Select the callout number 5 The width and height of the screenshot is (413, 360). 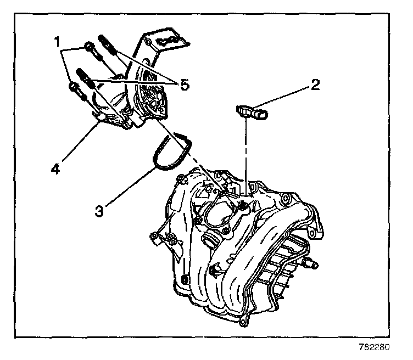click(185, 85)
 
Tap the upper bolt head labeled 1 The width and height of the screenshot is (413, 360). click(89, 47)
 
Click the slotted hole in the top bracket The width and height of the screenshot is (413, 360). click(167, 41)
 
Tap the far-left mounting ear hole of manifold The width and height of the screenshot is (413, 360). click(155, 236)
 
